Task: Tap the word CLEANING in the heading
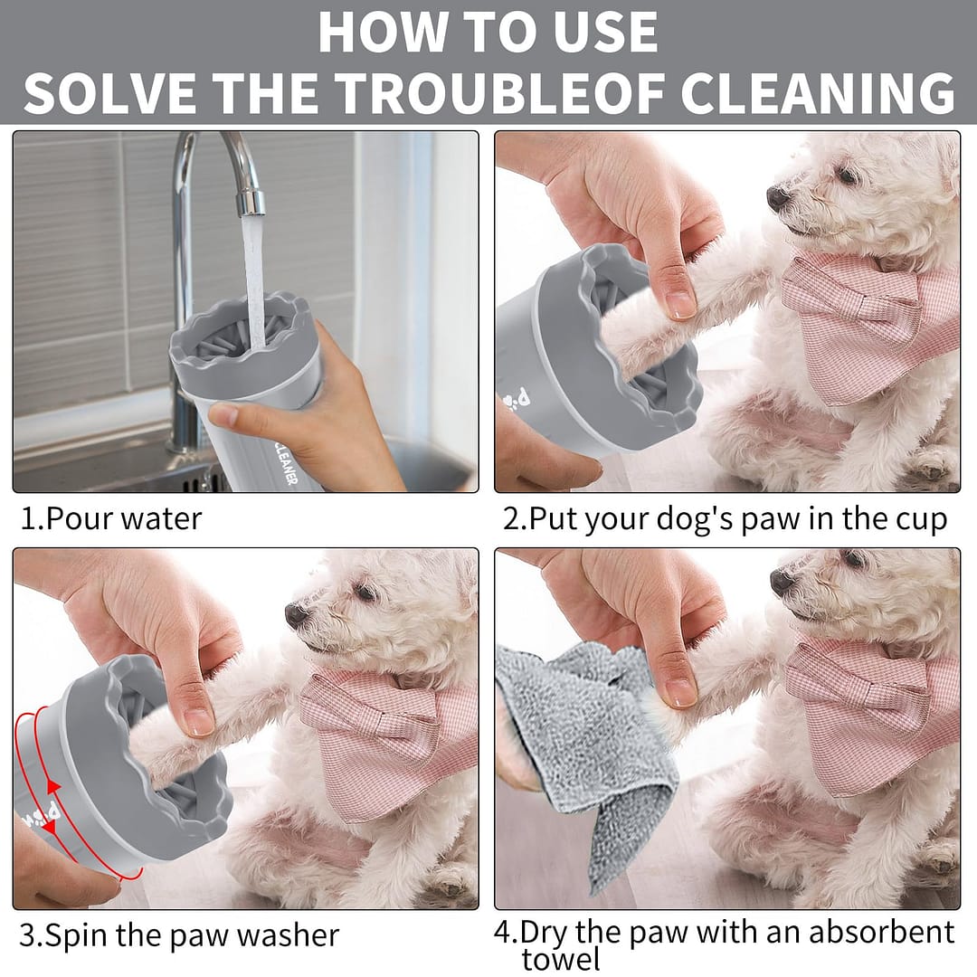click(818, 93)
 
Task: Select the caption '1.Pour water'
click(111, 518)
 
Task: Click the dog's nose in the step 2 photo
click(779, 197)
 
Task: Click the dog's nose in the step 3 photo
click(298, 615)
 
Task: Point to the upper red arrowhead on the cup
click(54, 787)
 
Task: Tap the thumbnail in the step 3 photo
click(198, 723)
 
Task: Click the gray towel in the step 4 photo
click(585, 748)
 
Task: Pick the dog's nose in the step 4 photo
click(783, 582)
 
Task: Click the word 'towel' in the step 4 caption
click(562, 960)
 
